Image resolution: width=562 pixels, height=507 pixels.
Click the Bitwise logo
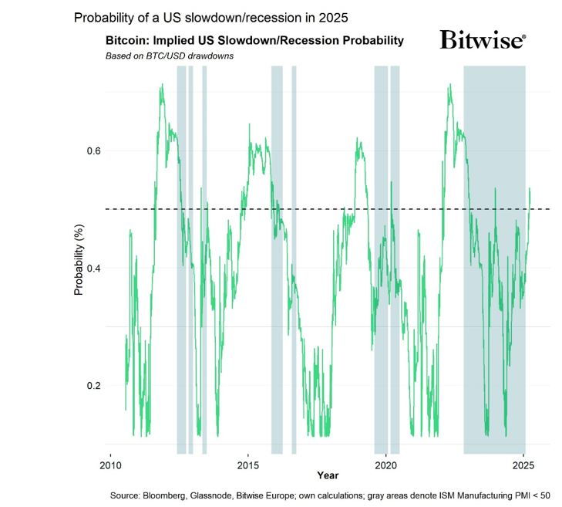click(483, 40)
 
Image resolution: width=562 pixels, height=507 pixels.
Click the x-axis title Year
click(327, 475)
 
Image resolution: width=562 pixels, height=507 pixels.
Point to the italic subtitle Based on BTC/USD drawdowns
click(169, 56)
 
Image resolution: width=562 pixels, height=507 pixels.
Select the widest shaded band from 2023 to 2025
click(494, 255)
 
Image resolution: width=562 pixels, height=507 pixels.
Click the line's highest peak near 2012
click(162, 86)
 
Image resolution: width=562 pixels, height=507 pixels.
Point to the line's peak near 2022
click(449, 85)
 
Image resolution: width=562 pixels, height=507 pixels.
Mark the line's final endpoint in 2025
click(530, 189)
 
